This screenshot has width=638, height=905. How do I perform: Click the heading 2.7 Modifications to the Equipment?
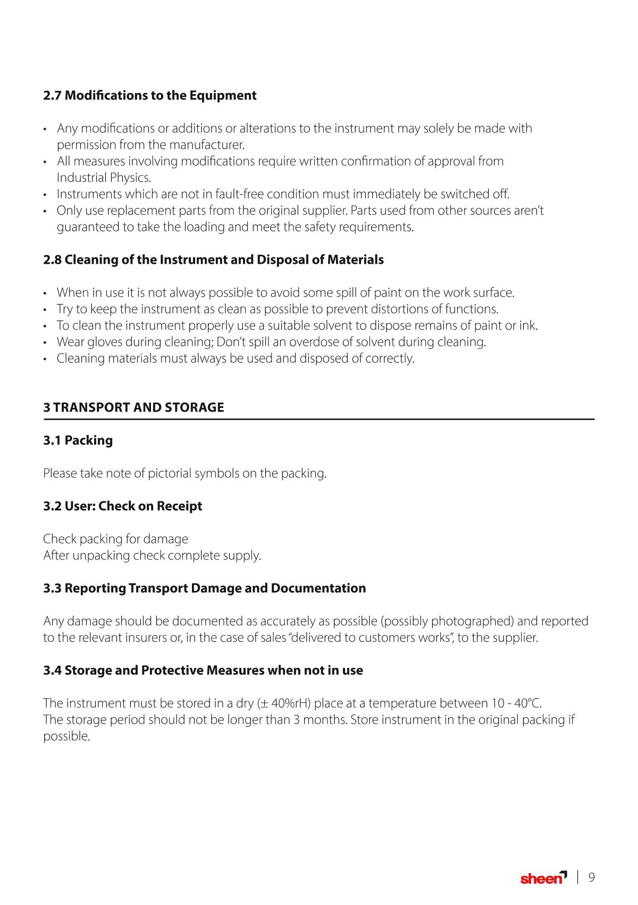point(149,96)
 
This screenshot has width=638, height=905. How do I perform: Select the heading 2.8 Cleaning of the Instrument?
point(213,260)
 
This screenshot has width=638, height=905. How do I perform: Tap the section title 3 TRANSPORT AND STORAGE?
point(133,408)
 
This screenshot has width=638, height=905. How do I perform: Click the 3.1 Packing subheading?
point(78,441)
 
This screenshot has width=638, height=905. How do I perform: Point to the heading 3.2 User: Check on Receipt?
point(122,506)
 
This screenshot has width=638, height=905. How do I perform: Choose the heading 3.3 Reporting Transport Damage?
point(204,589)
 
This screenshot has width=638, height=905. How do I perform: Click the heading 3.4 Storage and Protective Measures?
point(203,671)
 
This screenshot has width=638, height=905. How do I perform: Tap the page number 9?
point(591,877)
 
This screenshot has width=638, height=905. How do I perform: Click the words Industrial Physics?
point(104,178)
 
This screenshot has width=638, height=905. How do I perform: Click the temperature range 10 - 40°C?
point(516,703)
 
